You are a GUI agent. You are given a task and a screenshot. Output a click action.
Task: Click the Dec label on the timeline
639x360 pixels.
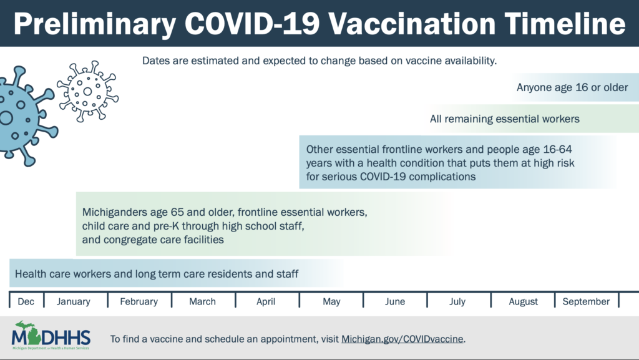point(26,301)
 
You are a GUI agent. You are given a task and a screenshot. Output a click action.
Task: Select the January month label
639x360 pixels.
point(74,301)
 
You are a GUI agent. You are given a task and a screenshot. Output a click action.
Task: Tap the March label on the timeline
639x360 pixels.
point(202,301)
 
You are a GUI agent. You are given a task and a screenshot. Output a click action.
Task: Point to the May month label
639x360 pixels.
point(331,301)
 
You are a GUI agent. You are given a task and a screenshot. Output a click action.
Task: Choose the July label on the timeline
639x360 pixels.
point(457,301)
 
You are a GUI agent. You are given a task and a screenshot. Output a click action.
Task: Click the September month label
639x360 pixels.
point(586,301)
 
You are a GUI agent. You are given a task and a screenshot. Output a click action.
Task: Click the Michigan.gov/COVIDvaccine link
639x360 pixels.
point(402,339)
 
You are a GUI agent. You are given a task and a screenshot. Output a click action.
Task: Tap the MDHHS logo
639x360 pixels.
point(51,338)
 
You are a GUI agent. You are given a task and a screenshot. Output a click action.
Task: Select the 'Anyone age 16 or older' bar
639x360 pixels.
point(572,87)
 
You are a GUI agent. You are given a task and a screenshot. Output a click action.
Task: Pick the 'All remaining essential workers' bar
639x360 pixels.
point(505,119)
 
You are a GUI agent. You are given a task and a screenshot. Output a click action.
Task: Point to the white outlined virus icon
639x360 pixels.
point(87,91)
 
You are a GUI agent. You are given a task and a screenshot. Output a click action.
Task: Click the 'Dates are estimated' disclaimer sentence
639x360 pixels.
point(319,61)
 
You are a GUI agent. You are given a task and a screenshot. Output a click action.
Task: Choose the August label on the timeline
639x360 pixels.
point(523,301)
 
